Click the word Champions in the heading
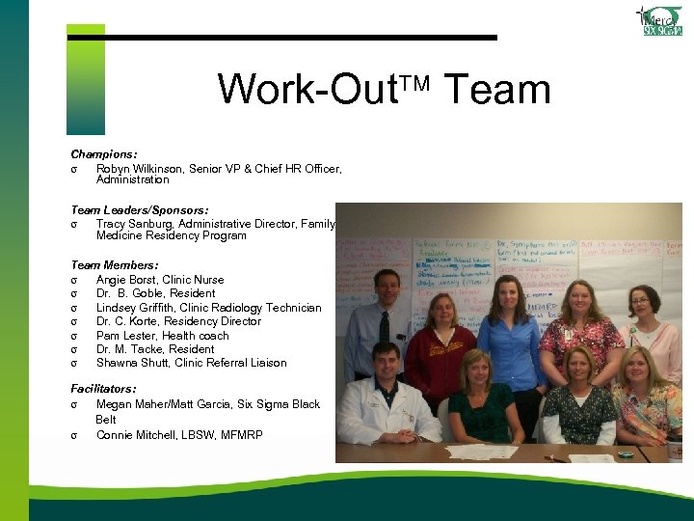pos(102,154)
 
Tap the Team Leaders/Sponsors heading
pos(140,209)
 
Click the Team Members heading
pos(115,265)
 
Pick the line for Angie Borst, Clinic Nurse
pos(160,280)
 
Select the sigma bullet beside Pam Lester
pos(74,335)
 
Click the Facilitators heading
pos(103,389)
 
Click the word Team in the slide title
pos(497,90)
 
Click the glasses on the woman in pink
pos(641,300)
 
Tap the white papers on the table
pos(482,452)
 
